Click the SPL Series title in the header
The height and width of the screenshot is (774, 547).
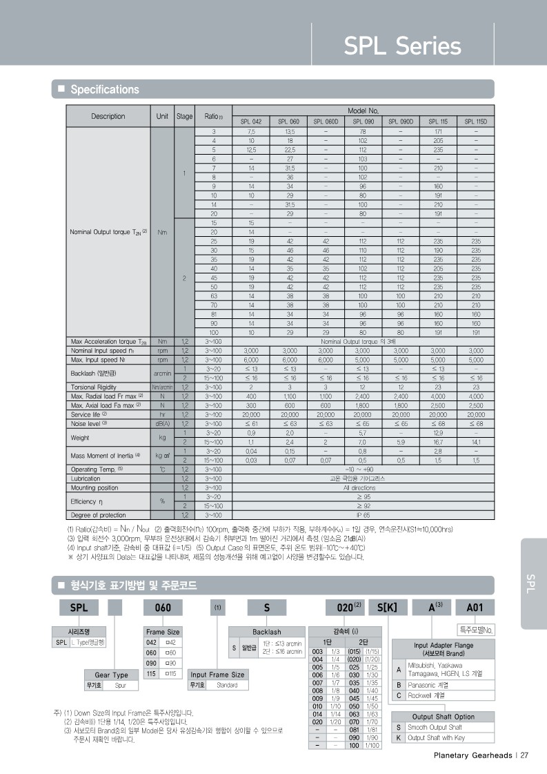pyautogui.click(x=402, y=46)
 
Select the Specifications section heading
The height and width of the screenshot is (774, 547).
pyautogui.click(x=105, y=89)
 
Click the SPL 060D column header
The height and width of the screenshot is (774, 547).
pyautogui.click(x=326, y=121)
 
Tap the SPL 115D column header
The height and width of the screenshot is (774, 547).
pyautogui.click(x=475, y=121)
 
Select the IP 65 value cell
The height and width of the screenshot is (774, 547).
pyautogui.click(x=362, y=514)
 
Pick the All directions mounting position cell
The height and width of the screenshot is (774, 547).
pyautogui.click(x=362, y=487)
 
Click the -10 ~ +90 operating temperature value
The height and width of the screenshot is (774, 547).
pyautogui.click(x=362, y=469)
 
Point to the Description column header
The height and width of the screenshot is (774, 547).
pyautogui.click(x=108, y=116)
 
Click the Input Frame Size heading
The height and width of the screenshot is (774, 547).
pyautogui.click(x=217, y=675)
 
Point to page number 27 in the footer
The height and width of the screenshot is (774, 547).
pyautogui.click(x=524, y=755)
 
